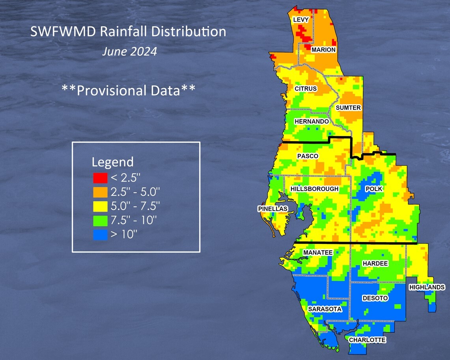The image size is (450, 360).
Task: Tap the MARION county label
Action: pyautogui.click(x=323, y=50)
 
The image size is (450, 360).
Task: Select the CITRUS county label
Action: pyautogui.click(x=306, y=89)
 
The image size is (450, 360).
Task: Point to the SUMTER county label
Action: pyautogui.click(x=348, y=108)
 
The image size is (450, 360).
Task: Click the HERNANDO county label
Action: pyautogui.click(x=312, y=122)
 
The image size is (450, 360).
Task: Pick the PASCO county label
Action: pyautogui.click(x=308, y=156)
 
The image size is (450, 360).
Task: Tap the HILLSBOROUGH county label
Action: pyautogui.click(x=314, y=189)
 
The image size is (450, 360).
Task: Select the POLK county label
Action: pyautogui.click(x=374, y=189)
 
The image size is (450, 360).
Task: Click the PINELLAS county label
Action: pyautogui.click(x=273, y=208)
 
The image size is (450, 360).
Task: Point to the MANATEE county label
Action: pyautogui.click(x=318, y=253)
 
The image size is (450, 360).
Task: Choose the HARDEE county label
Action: pyautogui.click(x=375, y=263)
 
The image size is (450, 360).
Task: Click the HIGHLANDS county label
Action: pyautogui.click(x=427, y=287)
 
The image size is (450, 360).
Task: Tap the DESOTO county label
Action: pyautogui.click(x=375, y=298)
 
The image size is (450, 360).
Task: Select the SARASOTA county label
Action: pyautogui.click(x=325, y=309)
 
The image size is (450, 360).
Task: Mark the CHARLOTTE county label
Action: pyautogui.click(x=367, y=340)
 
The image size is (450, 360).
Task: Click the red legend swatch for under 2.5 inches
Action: pyautogui.click(x=100, y=178)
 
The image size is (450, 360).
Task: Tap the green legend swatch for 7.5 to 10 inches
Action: pyautogui.click(x=100, y=220)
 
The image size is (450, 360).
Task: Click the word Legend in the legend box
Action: pyautogui.click(x=112, y=162)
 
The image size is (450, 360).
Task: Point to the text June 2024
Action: pyautogui.click(x=129, y=52)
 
